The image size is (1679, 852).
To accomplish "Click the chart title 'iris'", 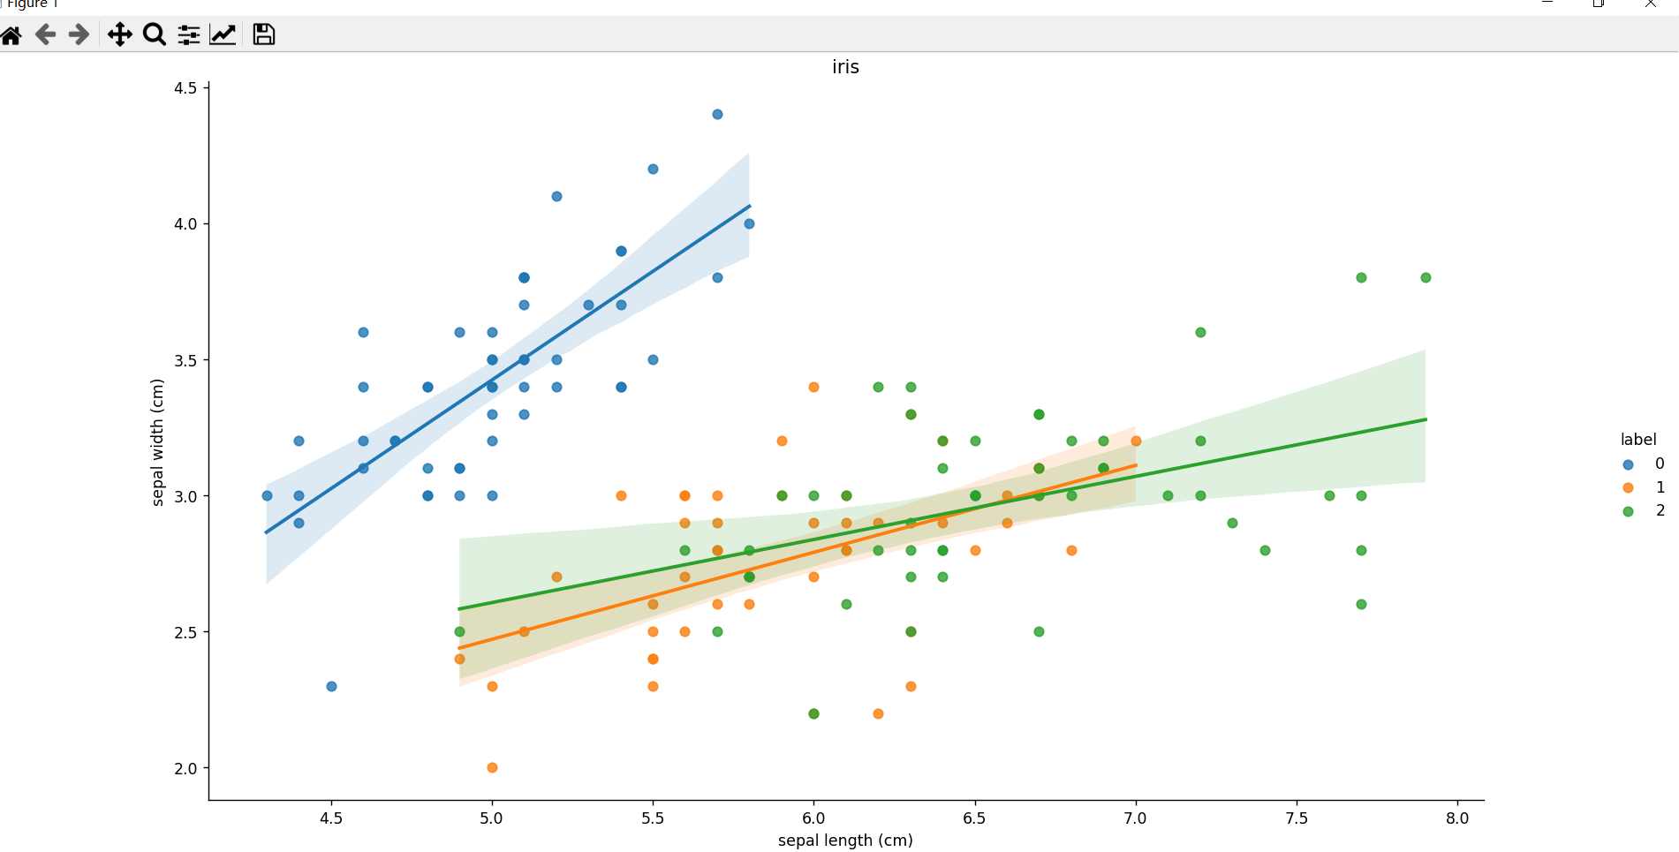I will click(x=845, y=67).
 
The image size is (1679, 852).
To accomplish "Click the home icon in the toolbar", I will click(x=11, y=35).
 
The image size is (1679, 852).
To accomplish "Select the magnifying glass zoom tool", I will click(x=155, y=35).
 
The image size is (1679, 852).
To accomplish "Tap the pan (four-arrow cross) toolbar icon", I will click(x=119, y=35).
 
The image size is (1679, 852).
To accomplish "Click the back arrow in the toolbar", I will click(x=45, y=35).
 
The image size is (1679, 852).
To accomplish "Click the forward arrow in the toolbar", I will click(x=79, y=35).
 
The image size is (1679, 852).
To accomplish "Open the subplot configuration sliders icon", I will click(x=188, y=35).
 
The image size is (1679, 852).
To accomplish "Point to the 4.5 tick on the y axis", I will click(x=185, y=88).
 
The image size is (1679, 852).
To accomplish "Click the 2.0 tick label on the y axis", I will click(x=185, y=768).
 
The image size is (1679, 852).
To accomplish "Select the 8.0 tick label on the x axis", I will click(x=1457, y=818).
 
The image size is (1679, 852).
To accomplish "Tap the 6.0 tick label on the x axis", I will click(x=813, y=818).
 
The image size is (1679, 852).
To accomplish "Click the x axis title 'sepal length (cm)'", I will click(x=845, y=841).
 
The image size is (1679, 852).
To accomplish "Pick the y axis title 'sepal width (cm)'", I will click(x=157, y=442).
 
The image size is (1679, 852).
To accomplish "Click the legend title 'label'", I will click(x=1637, y=440).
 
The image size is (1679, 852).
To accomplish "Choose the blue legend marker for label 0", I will click(x=1628, y=464).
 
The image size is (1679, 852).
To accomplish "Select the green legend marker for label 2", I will click(x=1628, y=510).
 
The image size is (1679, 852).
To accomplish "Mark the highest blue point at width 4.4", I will click(x=717, y=115).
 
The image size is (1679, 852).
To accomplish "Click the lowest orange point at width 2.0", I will click(x=492, y=767).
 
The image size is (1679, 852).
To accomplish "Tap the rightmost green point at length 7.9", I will click(x=1426, y=278).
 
